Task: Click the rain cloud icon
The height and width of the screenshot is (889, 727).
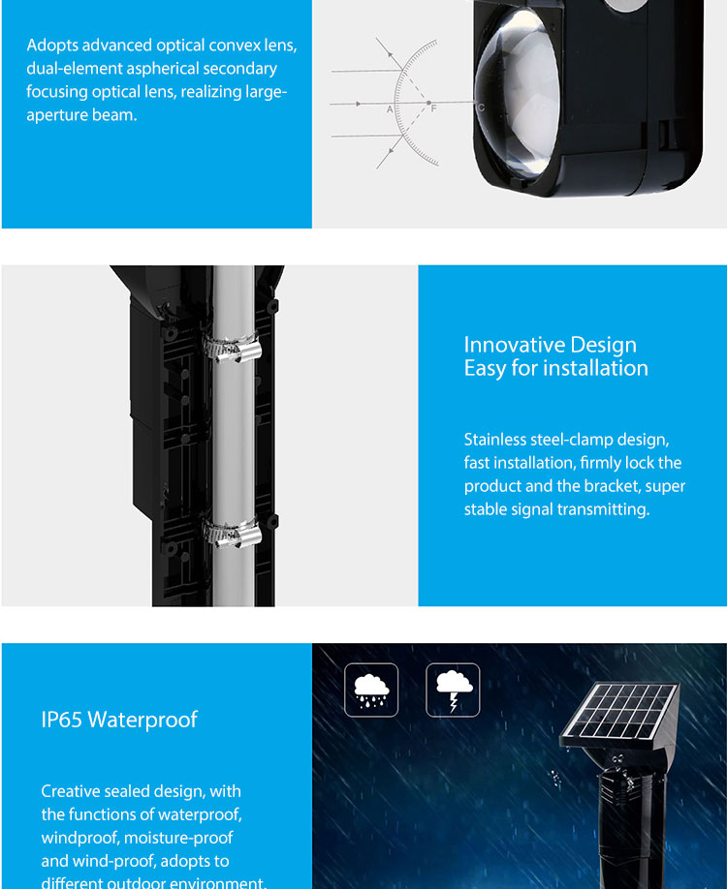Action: coord(371,690)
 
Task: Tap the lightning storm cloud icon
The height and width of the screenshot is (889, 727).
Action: coord(453,690)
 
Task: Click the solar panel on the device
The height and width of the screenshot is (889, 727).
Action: coord(619,712)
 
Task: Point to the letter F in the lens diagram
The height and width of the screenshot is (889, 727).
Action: coord(434,108)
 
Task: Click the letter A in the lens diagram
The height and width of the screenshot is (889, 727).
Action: coord(390,109)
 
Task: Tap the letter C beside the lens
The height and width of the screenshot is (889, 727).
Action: coord(481,107)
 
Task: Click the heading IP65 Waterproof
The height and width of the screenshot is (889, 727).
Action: coord(119,720)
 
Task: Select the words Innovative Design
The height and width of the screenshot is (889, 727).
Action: coord(550,345)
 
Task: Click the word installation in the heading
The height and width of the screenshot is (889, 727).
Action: coord(595,369)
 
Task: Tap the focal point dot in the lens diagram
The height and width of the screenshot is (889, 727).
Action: coord(428,103)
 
